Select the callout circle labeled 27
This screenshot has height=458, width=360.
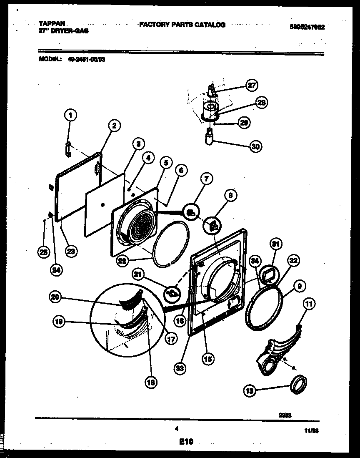tap(251, 86)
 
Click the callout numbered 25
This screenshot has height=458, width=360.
tap(42, 251)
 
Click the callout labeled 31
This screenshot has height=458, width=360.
tap(276, 244)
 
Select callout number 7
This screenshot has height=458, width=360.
tap(206, 180)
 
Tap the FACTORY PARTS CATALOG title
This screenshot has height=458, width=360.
tap(182, 25)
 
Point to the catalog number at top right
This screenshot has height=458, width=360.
tap(307, 28)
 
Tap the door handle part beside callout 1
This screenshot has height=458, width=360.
tap(69, 148)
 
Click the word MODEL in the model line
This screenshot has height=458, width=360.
tap(50, 59)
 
